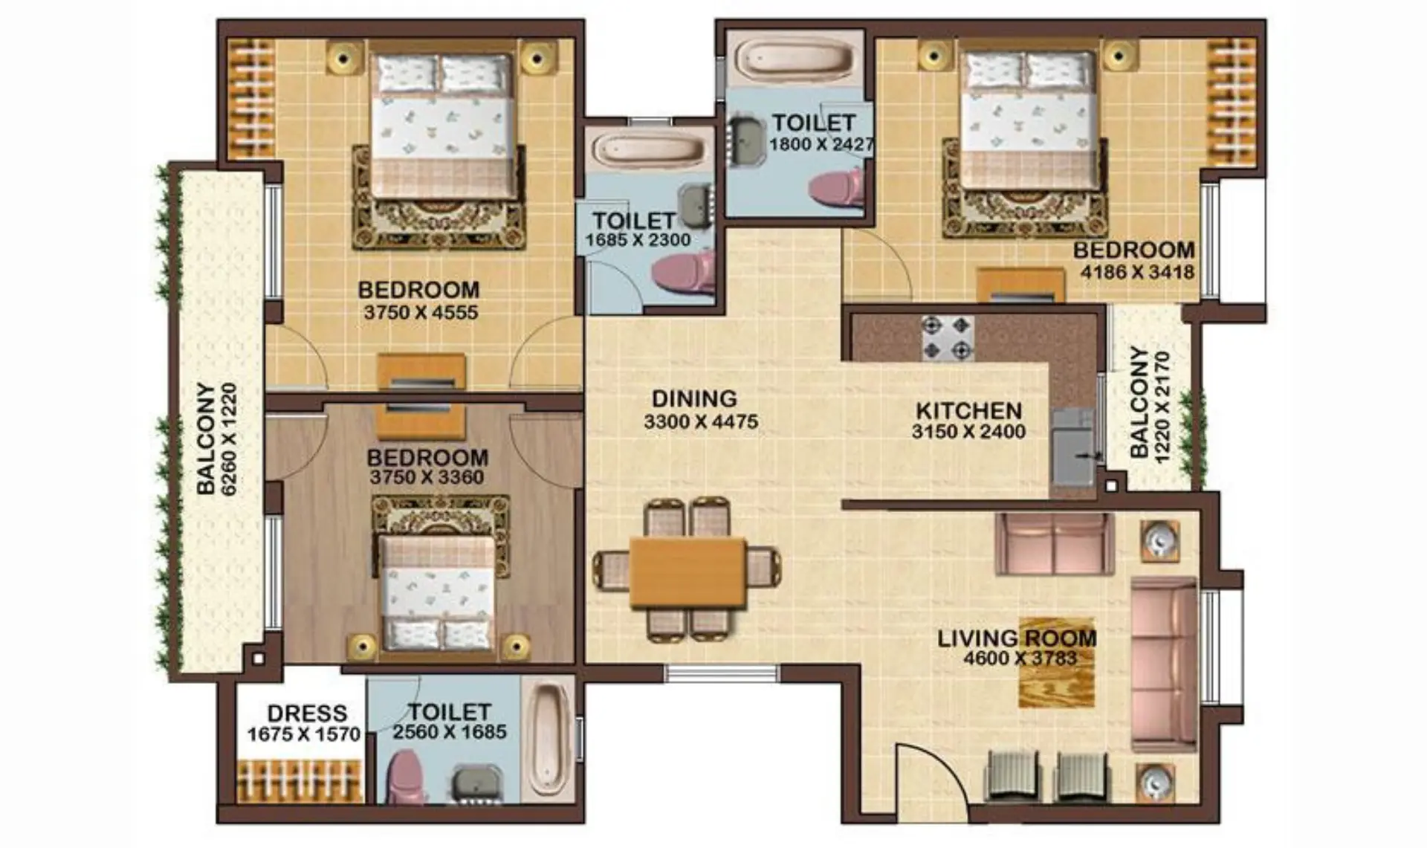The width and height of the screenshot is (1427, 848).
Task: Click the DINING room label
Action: pos(694,399)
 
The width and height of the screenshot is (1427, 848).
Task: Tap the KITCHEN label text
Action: pos(968,411)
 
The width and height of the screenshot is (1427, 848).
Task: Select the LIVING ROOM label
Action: pos(1017,638)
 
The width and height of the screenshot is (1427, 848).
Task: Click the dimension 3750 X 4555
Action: pos(421,313)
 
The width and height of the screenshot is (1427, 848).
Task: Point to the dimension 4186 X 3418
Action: pos(1137,272)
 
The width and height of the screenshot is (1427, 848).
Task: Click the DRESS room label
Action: pos(307,713)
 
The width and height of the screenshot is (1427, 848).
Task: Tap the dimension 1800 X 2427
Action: pos(821,144)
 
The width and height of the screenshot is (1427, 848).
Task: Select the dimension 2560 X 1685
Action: pos(450,732)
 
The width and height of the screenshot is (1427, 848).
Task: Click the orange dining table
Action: pos(687,573)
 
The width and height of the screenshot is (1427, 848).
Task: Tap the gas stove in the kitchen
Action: pos(948,338)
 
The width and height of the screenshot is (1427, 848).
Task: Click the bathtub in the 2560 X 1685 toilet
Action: pos(551,740)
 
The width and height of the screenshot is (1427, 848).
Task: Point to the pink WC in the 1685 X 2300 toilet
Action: pos(684,273)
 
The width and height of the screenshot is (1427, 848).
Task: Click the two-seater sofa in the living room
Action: pos(1054,544)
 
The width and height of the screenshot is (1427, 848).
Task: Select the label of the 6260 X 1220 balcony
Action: pos(217,438)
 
